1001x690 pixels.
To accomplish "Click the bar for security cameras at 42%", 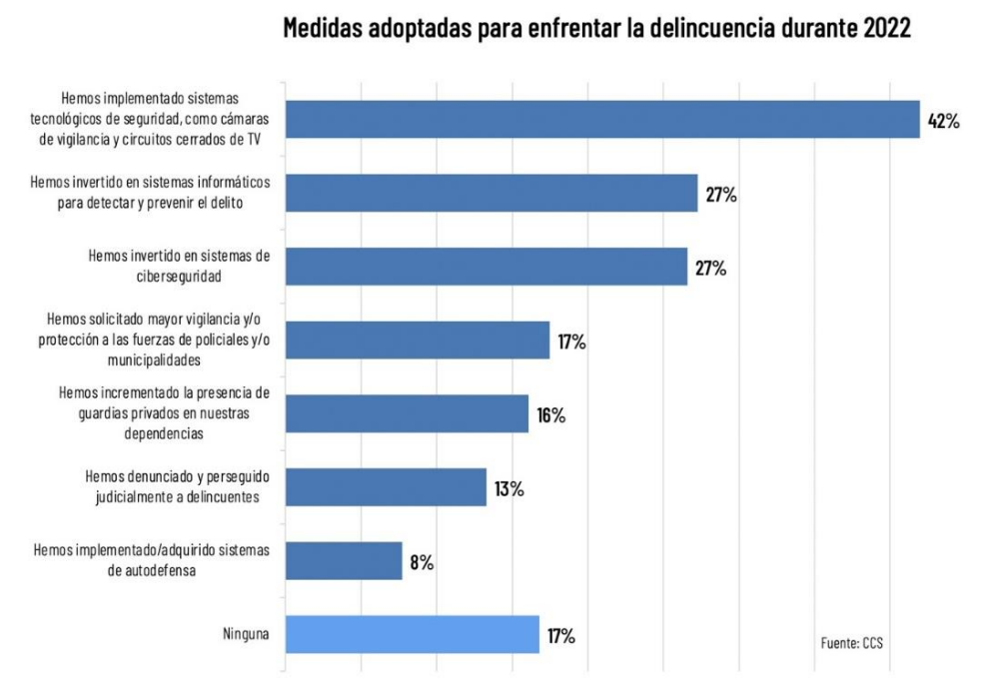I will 602,119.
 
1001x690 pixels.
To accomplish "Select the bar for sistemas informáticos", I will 492,193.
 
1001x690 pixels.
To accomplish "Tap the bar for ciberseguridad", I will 487,267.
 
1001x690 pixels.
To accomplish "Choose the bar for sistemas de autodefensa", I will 344,561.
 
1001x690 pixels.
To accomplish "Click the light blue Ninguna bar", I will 413,634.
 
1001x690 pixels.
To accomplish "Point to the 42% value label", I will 943,121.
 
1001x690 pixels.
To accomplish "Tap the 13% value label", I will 508,489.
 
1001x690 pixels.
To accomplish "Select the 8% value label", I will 421,562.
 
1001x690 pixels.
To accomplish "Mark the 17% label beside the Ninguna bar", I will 560,635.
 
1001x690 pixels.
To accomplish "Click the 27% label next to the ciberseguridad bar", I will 710,268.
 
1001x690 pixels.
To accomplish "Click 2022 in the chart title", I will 881,28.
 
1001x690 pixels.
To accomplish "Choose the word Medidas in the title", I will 321,28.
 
